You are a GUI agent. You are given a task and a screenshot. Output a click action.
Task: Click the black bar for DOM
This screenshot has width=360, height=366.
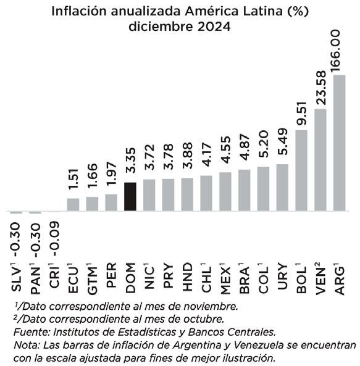[130, 197]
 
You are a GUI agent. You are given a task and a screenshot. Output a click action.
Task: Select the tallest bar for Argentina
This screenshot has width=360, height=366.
[339, 143]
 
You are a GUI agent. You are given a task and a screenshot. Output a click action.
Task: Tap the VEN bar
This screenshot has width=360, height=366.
[320, 160]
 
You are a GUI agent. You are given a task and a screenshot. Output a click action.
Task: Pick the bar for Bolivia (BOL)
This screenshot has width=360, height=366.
[301, 170]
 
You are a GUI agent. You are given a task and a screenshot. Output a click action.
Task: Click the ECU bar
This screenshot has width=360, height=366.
[73, 205]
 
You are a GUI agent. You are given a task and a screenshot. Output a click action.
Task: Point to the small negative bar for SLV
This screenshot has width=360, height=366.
[16, 212]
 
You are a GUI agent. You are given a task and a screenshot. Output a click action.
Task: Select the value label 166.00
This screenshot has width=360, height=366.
[335, 51]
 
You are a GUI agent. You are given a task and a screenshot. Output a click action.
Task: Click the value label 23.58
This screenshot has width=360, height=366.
[320, 88]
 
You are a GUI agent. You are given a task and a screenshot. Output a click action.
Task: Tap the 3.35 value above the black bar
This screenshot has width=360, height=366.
[130, 160]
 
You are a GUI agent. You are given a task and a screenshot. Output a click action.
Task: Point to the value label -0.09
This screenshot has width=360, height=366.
[54, 239]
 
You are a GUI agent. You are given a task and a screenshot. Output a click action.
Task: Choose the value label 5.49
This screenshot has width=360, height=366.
[282, 142]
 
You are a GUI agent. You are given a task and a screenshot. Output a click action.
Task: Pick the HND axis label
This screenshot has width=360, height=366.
[187, 277]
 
